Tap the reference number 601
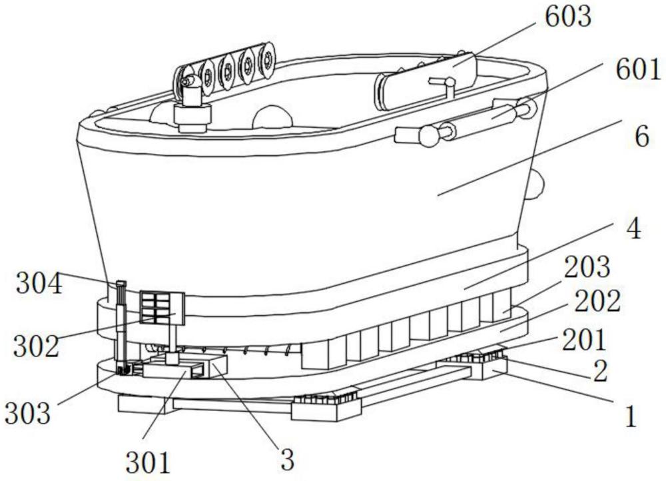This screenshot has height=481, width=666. pyautogui.click(x=639, y=70)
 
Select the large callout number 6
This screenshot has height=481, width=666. pyautogui.click(x=641, y=137)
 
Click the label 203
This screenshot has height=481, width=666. pyautogui.click(x=587, y=266)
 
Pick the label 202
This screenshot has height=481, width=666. pyautogui.click(x=597, y=301)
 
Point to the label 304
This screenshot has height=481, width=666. pyautogui.click(x=39, y=284)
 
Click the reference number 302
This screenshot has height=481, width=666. pyautogui.click(x=36, y=346)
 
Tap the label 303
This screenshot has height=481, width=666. pyautogui.click(x=27, y=412)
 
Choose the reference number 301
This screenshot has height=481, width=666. pyautogui.click(x=148, y=463)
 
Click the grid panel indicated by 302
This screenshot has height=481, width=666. pyautogui.click(x=162, y=308)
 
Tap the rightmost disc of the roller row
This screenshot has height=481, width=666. pyautogui.click(x=267, y=61)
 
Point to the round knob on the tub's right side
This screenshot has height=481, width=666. pyautogui.click(x=535, y=185)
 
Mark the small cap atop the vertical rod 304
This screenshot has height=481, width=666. pyautogui.click(x=121, y=282)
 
